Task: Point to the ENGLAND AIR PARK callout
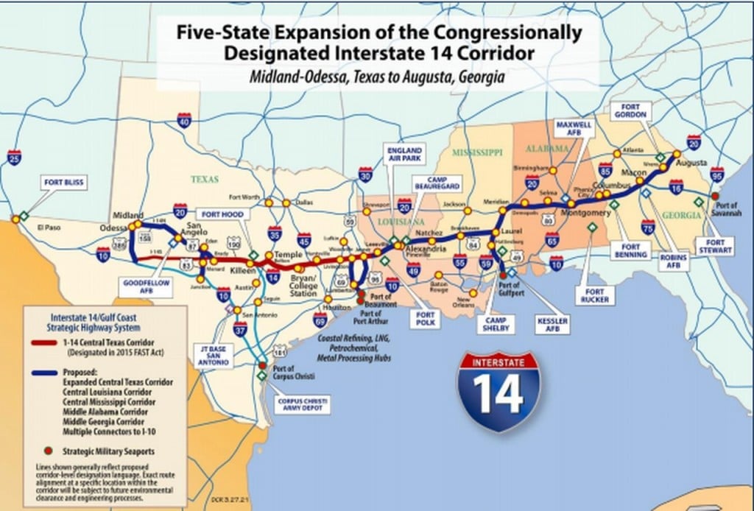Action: click(405, 156)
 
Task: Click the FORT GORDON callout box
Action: click(632, 110)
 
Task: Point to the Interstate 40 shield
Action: click(184, 120)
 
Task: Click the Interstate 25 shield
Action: click(14, 157)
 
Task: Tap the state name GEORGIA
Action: click(680, 215)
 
